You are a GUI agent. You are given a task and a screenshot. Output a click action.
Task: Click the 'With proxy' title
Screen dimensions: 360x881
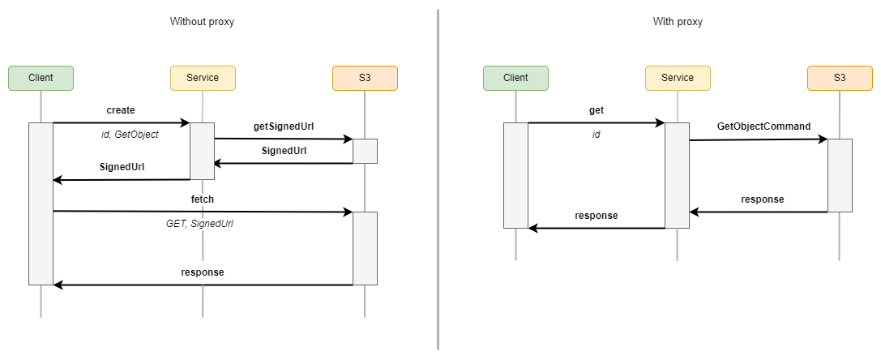678,22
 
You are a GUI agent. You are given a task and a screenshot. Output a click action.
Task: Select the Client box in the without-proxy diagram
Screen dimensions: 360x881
41,78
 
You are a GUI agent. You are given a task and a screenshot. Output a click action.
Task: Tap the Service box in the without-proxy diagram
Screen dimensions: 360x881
203,78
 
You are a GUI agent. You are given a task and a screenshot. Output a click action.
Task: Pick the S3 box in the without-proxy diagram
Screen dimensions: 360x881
365,78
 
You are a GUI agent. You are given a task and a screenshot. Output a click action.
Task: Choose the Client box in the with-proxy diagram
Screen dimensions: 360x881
515,78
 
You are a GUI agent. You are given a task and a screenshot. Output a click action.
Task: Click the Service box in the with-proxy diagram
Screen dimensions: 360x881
678,78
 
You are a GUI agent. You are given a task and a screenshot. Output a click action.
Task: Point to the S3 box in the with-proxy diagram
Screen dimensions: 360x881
840,78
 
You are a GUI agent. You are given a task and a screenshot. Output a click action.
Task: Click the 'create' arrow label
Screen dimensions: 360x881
121,109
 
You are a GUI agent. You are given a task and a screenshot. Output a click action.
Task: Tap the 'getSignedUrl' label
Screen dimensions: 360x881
283,126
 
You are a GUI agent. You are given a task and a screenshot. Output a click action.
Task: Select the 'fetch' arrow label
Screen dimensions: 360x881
203,199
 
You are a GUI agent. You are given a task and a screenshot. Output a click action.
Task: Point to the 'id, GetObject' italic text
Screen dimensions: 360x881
130,135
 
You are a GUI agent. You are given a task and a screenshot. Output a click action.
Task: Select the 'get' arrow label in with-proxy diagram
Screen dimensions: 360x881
597,109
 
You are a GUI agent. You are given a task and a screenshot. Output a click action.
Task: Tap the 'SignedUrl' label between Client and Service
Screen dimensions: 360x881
122,167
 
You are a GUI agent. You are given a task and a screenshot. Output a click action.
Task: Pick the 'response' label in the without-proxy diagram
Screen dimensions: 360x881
203,272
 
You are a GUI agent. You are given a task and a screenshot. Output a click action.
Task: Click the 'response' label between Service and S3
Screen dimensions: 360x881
763,199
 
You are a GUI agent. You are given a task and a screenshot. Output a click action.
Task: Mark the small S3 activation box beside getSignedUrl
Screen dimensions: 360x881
365,151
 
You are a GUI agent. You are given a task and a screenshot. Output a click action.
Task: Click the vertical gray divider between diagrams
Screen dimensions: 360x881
438,178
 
